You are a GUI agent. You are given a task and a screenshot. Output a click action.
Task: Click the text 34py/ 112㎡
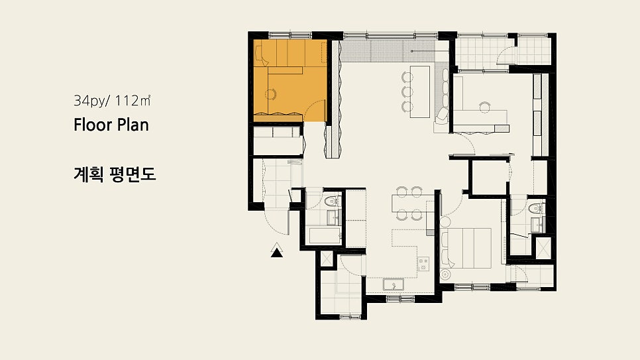point(112,101)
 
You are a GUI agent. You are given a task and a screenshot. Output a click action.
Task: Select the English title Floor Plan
point(111,125)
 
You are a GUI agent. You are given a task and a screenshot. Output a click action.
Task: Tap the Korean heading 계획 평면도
point(115,174)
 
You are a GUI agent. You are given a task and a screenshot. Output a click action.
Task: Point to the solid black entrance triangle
point(277,253)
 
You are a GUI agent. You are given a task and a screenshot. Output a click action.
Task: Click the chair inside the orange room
point(270,94)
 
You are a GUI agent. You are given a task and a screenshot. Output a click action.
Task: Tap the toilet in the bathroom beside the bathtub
point(331,201)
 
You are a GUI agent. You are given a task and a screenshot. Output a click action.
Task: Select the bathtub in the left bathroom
point(325,236)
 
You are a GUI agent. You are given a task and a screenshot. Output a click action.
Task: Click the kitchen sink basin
point(394,284)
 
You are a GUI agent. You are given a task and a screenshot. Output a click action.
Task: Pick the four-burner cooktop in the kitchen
point(423,264)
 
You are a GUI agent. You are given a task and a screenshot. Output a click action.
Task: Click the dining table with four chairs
point(409,204)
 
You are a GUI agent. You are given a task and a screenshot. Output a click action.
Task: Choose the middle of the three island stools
point(407,91)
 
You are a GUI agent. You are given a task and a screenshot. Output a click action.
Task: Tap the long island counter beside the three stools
point(420,91)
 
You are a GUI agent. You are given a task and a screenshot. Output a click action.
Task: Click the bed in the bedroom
point(466,248)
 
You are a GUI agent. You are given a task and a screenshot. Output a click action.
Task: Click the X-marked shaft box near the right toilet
point(543,248)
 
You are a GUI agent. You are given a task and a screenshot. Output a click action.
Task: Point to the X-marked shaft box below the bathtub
point(327,259)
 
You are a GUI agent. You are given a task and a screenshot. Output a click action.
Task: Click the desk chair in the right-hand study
point(484,107)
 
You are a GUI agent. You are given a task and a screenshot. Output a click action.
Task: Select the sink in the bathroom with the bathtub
point(332,218)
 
